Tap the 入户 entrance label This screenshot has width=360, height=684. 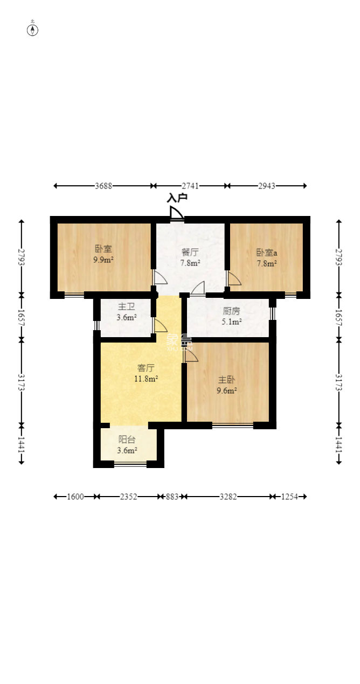pos(177,198)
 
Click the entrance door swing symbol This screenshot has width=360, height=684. pos(176,213)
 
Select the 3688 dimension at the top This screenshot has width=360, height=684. pos(103,186)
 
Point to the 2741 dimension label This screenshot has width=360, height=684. pos(190,186)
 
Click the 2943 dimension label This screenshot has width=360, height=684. pos(266,186)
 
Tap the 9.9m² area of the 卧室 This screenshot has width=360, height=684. pos(103,260)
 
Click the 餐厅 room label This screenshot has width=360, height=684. pos(190,252)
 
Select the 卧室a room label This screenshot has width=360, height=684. pos(266,253)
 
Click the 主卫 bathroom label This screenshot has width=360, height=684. pos(126,306)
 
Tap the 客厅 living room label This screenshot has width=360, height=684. pos(146,368)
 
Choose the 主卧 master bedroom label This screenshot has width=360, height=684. pos(226,380)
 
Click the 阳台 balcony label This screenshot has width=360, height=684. pos(127,439)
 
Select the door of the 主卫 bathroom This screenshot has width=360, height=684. pos(160,326)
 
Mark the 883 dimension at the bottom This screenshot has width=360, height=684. pos(172,497)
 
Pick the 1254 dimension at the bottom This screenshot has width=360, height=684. pos(289,497)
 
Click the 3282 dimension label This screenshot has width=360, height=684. pos(228,497)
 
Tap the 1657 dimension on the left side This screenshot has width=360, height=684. pos(21,318)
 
